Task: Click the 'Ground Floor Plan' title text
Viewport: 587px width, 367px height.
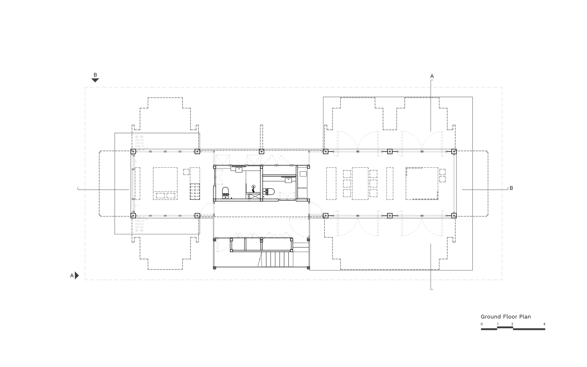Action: (506, 317)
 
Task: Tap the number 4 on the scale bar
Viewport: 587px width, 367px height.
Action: (544, 324)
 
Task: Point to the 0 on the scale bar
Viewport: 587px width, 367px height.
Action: (482, 324)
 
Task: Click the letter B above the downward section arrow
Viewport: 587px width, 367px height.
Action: (95, 75)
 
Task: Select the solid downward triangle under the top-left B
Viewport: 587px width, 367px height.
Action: (95, 80)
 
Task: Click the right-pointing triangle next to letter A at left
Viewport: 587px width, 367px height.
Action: (77, 275)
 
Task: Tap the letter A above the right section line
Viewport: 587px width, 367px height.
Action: (432, 76)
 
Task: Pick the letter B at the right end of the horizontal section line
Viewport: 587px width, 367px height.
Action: (511, 188)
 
